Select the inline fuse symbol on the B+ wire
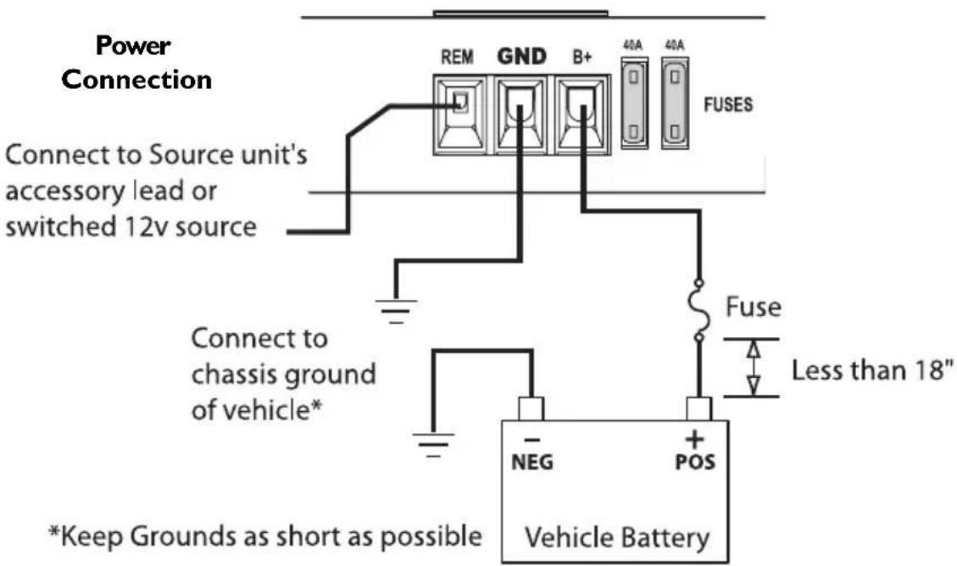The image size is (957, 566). click(x=698, y=310)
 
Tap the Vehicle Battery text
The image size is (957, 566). click(x=618, y=536)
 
